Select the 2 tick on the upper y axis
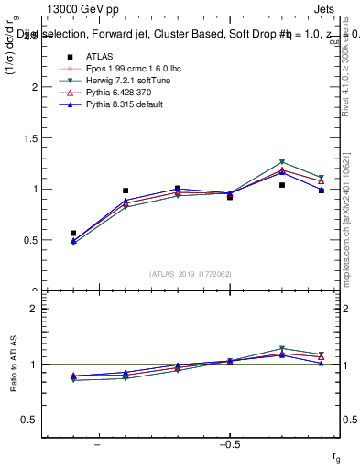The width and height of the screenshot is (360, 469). click(x=34, y=87)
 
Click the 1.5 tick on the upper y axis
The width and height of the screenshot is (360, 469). click(x=30, y=138)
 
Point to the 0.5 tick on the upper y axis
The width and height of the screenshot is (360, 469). click(x=30, y=240)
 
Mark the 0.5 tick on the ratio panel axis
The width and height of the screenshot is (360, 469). click(x=30, y=420)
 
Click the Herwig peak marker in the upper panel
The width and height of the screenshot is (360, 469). click(x=282, y=161)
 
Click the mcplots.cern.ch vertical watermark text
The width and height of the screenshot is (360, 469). click(x=352, y=220)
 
